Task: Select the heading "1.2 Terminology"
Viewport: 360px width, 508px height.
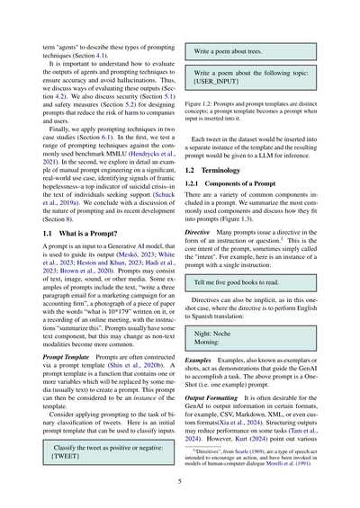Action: tap(215, 168)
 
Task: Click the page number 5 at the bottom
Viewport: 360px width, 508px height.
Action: tap(180, 482)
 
